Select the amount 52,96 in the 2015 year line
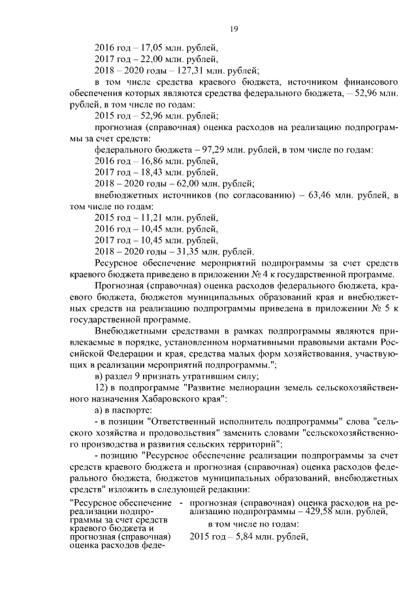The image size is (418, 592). point(152,116)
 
